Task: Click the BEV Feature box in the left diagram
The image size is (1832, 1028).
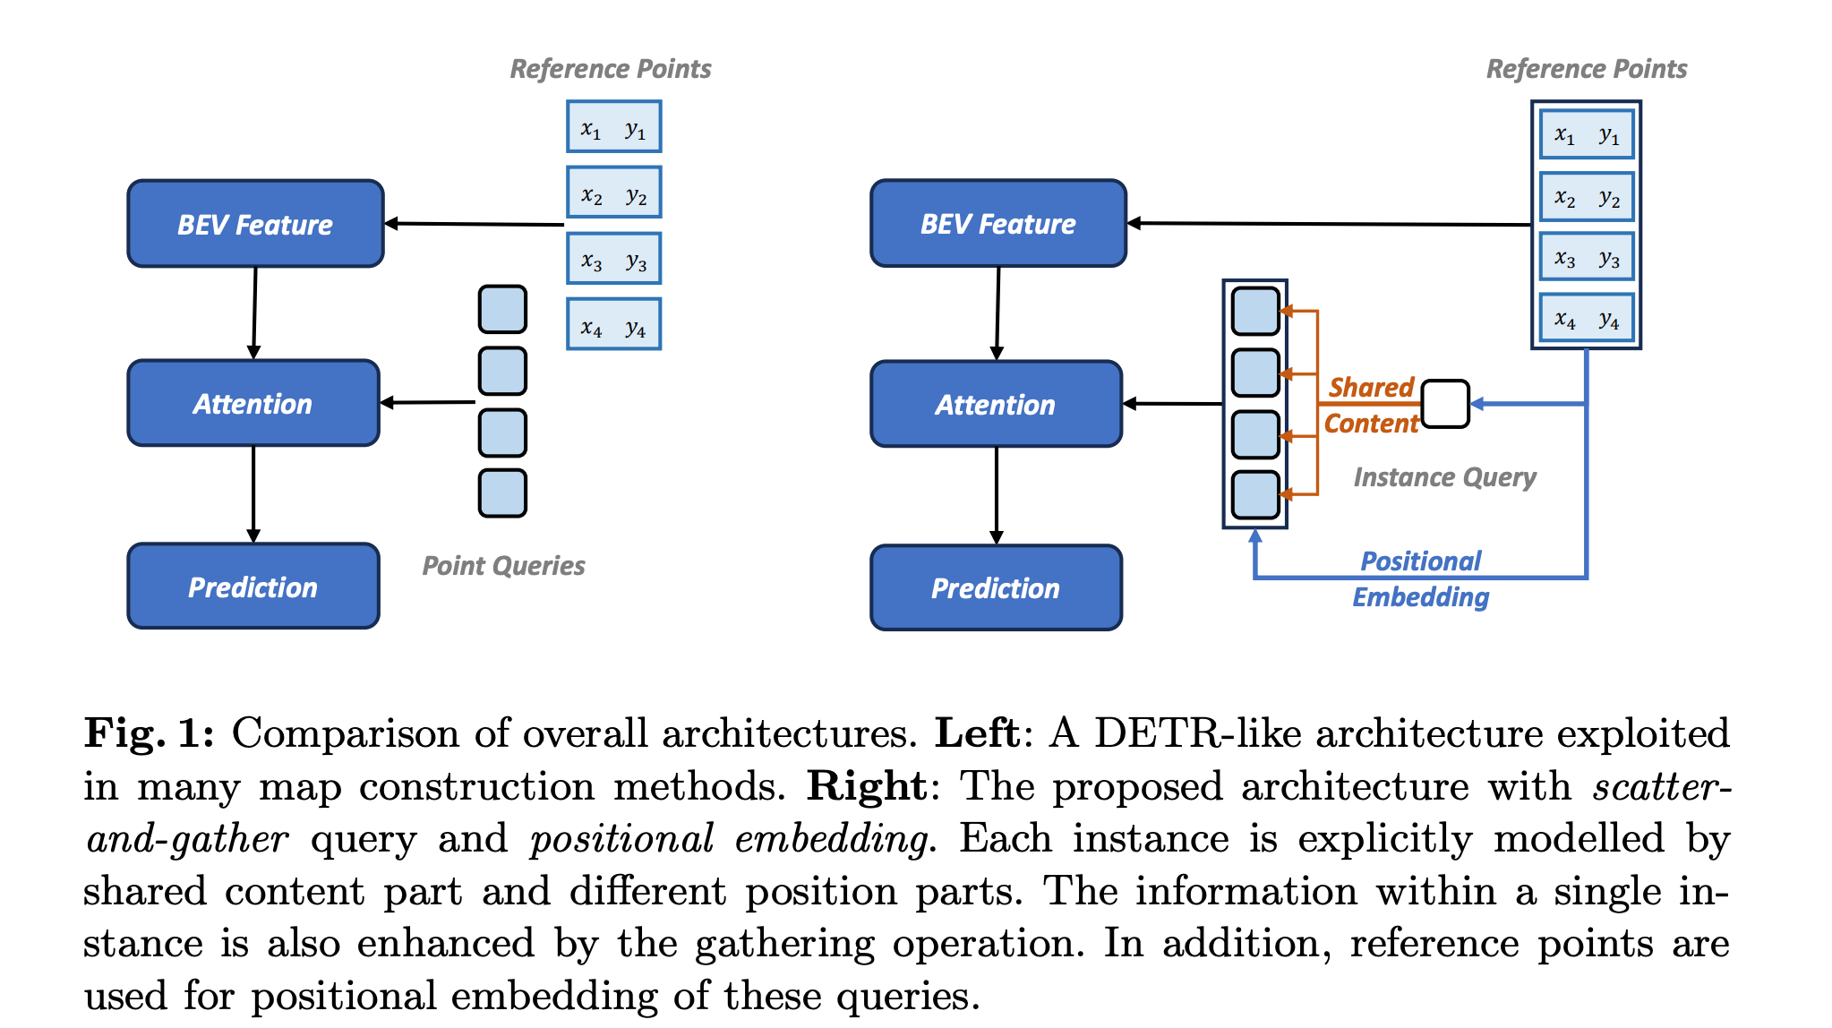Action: click(255, 224)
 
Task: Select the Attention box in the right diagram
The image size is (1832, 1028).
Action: click(996, 405)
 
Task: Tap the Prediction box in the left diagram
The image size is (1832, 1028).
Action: click(253, 587)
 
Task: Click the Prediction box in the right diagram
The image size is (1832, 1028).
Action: click(996, 588)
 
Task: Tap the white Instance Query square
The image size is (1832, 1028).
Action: click(1444, 404)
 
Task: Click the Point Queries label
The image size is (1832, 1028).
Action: click(503, 566)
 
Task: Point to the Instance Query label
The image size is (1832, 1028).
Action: click(1444, 477)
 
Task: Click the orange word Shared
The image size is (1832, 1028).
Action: click(1371, 388)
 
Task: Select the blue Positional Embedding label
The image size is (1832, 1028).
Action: click(1421, 579)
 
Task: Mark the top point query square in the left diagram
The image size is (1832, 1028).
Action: click(502, 309)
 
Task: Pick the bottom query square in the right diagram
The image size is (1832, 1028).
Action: click(1255, 495)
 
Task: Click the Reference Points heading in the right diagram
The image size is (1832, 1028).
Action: click(1587, 69)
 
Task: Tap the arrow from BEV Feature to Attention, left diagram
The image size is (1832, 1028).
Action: click(254, 313)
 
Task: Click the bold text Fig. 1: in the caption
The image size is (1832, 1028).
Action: click(150, 733)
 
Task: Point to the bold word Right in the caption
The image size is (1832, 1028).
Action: click(866, 786)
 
